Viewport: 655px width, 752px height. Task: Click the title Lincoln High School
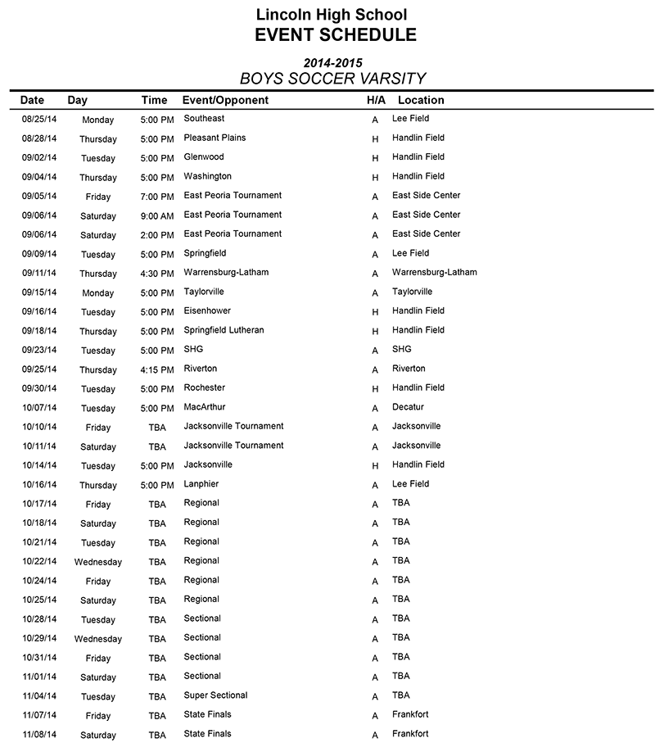pos(331,14)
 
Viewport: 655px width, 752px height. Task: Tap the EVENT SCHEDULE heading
pos(335,34)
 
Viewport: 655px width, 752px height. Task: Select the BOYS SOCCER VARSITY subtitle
pos(332,79)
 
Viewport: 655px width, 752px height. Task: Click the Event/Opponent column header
pos(225,100)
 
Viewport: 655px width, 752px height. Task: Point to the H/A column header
pos(376,100)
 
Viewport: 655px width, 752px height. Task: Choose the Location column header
pos(421,100)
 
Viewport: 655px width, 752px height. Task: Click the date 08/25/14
pos(39,120)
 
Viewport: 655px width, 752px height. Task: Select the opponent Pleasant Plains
pos(215,138)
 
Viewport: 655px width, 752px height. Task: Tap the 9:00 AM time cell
pos(157,216)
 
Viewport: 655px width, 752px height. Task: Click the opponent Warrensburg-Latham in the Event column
pos(226,272)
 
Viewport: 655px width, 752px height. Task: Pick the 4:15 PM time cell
pos(157,370)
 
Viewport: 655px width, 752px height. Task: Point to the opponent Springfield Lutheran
pos(224,330)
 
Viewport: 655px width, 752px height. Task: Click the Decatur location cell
pos(409,407)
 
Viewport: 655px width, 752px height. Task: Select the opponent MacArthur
pos(205,407)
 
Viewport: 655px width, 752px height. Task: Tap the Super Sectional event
pos(215,695)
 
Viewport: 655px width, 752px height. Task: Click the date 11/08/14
pos(39,735)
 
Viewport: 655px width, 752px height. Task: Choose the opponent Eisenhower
pos(207,310)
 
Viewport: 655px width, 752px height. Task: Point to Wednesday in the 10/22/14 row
pos(98,563)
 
